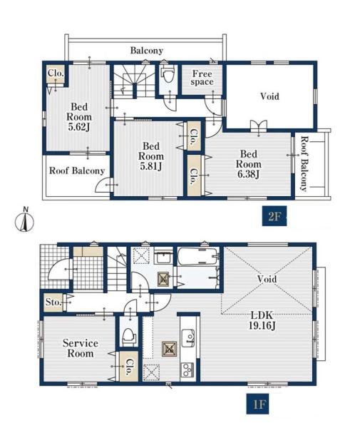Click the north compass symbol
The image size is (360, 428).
[x=24, y=220]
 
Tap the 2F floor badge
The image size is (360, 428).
[x=274, y=216]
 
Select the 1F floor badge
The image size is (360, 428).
[x=259, y=404]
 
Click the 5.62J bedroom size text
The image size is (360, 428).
[x=79, y=127]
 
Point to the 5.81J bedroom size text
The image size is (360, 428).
[x=151, y=166]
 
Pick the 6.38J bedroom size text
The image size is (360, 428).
[x=248, y=174]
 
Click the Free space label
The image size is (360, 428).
[x=202, y=78]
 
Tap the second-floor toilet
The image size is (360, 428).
[x=167, y=73]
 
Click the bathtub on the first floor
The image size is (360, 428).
[x=197, y=256]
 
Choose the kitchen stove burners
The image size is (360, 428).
[x=187, y=370]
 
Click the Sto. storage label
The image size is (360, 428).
[x=53, y=302]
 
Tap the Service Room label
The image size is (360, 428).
[x=80, y=348]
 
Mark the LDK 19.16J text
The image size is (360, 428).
[x=262, y=320]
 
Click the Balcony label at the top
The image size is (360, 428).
[x=147, y=51]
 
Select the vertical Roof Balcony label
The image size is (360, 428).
[x=304, y=164]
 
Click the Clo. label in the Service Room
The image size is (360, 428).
[x=129, y=367]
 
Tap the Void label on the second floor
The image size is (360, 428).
[x=269, y=96]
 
